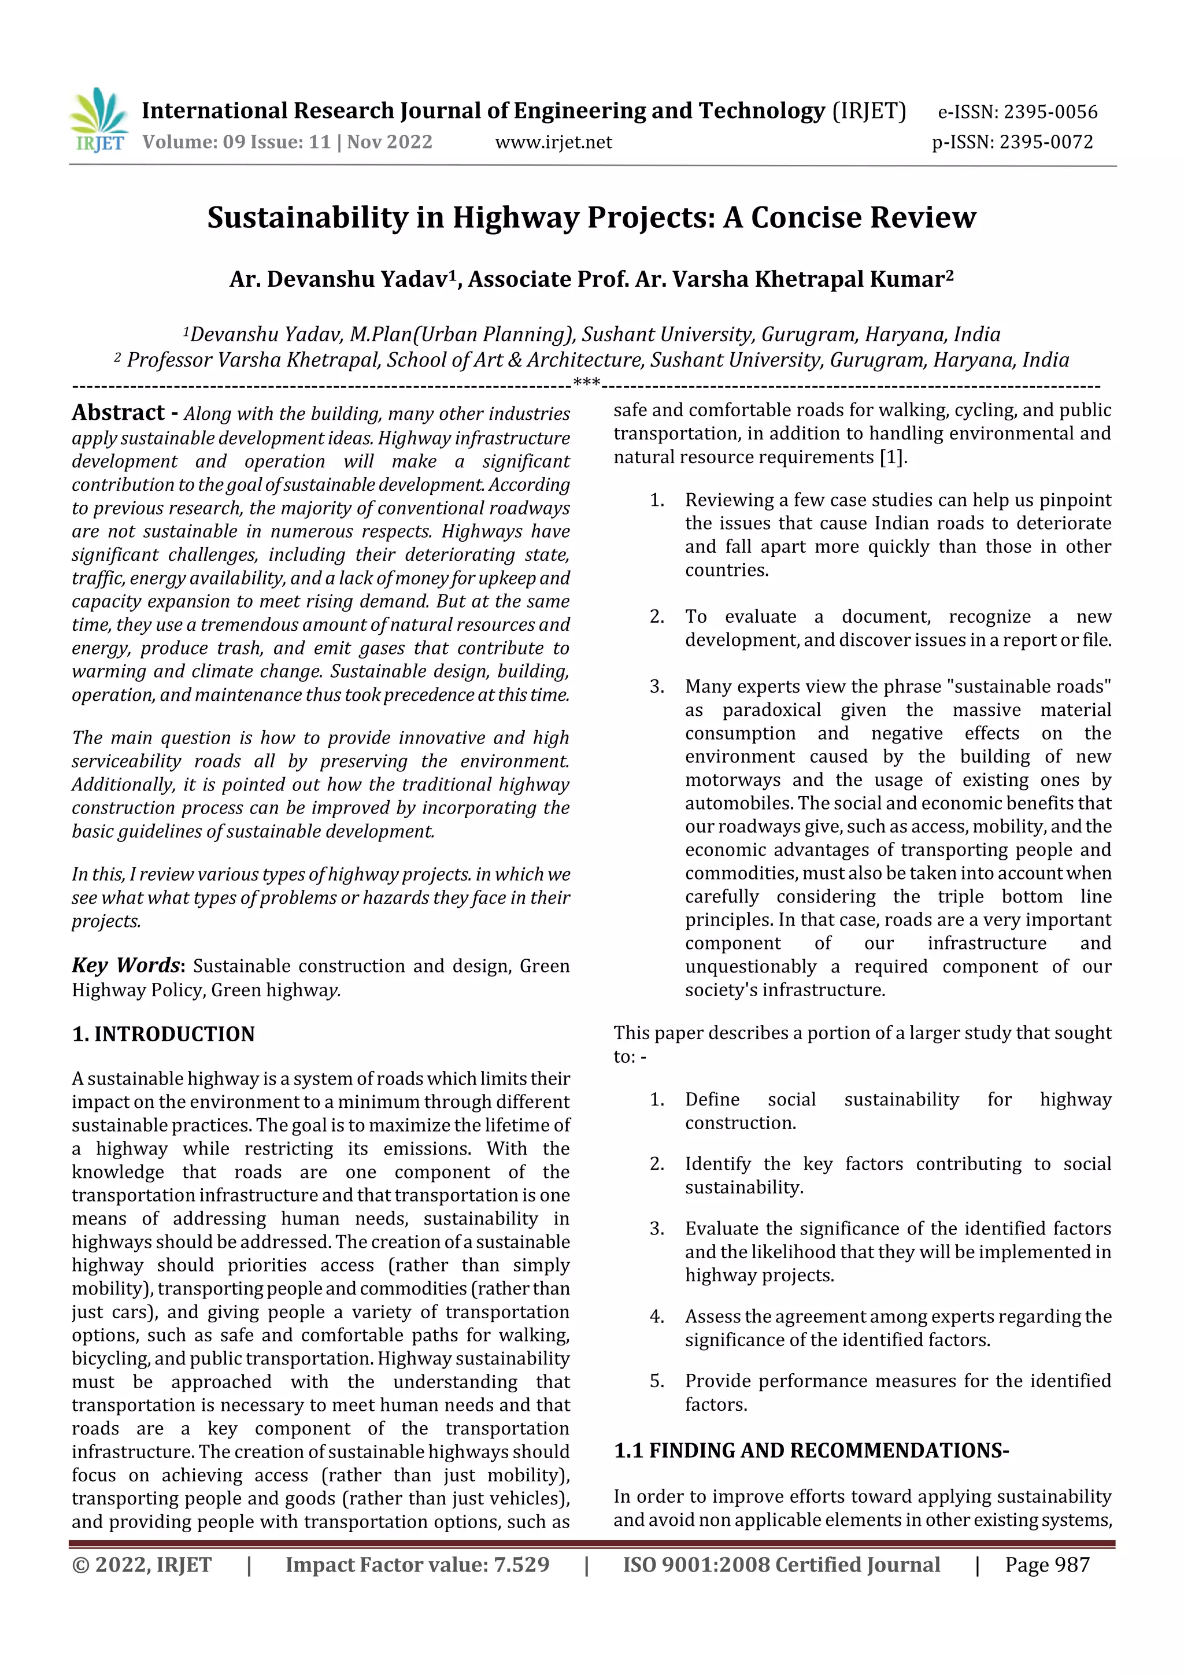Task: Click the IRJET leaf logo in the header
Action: (x=98, y=119)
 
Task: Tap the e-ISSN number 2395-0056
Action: (x=1050, y=112)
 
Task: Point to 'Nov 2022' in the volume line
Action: (x=390, y=142)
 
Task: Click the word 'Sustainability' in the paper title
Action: (x=306, y=217)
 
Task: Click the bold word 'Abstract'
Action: (x=118, y=413)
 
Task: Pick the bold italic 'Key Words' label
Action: (x=125, y=965)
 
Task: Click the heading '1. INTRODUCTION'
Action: (x=164, y=1034)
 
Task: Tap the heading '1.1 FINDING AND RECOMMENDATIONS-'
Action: (x=811, y=1450)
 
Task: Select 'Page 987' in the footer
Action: (x=1047, y=1565)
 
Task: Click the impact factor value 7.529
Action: (x=521, y=1565)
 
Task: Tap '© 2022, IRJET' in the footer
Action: (x=142, y=1565)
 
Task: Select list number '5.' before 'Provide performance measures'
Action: (x=657, y=1381)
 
